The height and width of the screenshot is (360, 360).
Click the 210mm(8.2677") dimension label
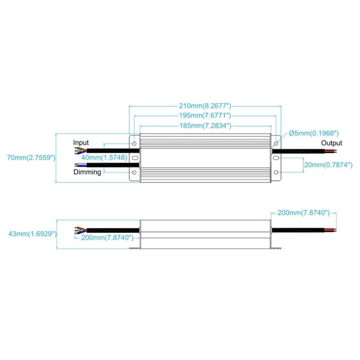tap(205, 106)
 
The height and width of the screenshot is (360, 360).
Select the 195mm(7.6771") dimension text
tap(205, 116)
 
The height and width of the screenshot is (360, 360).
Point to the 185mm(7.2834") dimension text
tap(205, 126)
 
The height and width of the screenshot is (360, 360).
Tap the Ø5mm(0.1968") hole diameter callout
tap(314, 133)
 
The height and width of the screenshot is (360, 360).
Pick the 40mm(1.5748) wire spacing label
tap(104, 157)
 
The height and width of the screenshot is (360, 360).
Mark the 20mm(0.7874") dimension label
tap(328, 165)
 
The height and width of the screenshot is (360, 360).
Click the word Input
tap(81, 143)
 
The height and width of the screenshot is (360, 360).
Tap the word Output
tap(332, 143)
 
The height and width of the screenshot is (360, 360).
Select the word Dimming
tap(87, 172)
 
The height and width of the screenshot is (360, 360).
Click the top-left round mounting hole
tap(134, 143)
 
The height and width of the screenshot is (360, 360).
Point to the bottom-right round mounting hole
tap(276, 171)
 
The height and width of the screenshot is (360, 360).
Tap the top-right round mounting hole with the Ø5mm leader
tap(276, 143)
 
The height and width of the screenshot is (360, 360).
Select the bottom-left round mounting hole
tap(134, 171)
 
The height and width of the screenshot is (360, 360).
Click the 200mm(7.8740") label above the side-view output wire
tap(301, 213)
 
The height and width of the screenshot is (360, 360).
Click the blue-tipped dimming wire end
tap(76, 165)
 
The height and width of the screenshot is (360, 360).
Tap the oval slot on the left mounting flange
tap(135, 157)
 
